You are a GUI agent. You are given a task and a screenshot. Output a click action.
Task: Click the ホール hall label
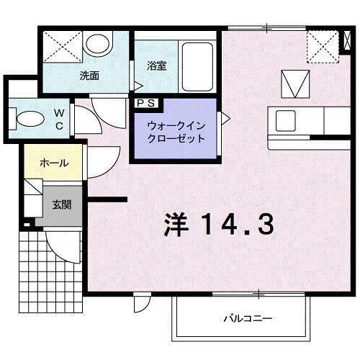54,163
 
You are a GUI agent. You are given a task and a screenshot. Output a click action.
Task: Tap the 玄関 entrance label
61,204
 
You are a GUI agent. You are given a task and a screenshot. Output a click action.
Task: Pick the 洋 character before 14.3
179,225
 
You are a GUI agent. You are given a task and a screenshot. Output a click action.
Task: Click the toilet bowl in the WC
30,118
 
